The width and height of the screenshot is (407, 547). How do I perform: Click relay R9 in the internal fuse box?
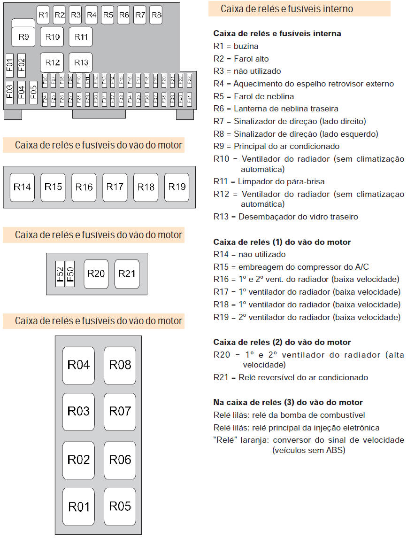coord(23,37)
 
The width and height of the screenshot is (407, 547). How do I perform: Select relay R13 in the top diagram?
coord(81,63)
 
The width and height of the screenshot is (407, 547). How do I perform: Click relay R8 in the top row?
coord(156,15)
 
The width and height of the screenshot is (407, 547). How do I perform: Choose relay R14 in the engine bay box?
coord(22,187)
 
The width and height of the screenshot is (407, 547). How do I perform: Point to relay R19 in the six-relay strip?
coord(177,187)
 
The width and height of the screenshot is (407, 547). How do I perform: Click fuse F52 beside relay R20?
coord(60,273)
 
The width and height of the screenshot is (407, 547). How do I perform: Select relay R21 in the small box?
coord(127,273)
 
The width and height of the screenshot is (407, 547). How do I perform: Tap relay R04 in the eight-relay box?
coord(78,365)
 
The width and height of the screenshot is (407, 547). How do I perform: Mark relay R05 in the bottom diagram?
coord(120,507)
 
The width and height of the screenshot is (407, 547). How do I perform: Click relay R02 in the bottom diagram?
coord(78,460)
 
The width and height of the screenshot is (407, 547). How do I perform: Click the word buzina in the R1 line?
coord(246,46)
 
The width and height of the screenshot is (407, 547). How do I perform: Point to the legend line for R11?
coord(269,181)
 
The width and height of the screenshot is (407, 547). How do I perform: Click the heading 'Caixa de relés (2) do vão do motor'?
coord(282,342)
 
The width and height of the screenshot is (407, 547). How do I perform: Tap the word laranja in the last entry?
coord(255,440)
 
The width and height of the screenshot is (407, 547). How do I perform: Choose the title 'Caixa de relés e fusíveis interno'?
coord(287,9)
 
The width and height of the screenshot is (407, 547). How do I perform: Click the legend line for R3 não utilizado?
coord(247,71)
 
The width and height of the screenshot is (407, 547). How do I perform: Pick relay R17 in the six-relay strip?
coord(115,187)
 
